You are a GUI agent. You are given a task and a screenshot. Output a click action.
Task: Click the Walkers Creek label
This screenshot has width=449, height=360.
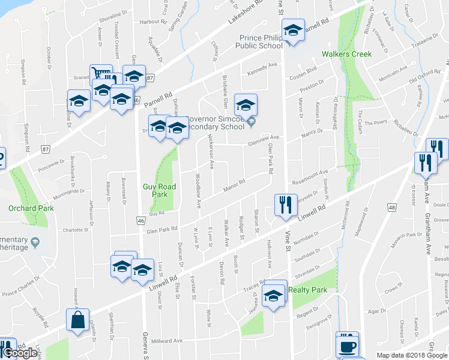346,54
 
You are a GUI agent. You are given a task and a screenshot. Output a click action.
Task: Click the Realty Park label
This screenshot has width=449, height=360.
307,290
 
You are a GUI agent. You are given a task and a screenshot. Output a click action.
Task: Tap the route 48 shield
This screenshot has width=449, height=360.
391,208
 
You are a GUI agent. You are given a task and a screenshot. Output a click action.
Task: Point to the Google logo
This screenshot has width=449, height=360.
21,353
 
